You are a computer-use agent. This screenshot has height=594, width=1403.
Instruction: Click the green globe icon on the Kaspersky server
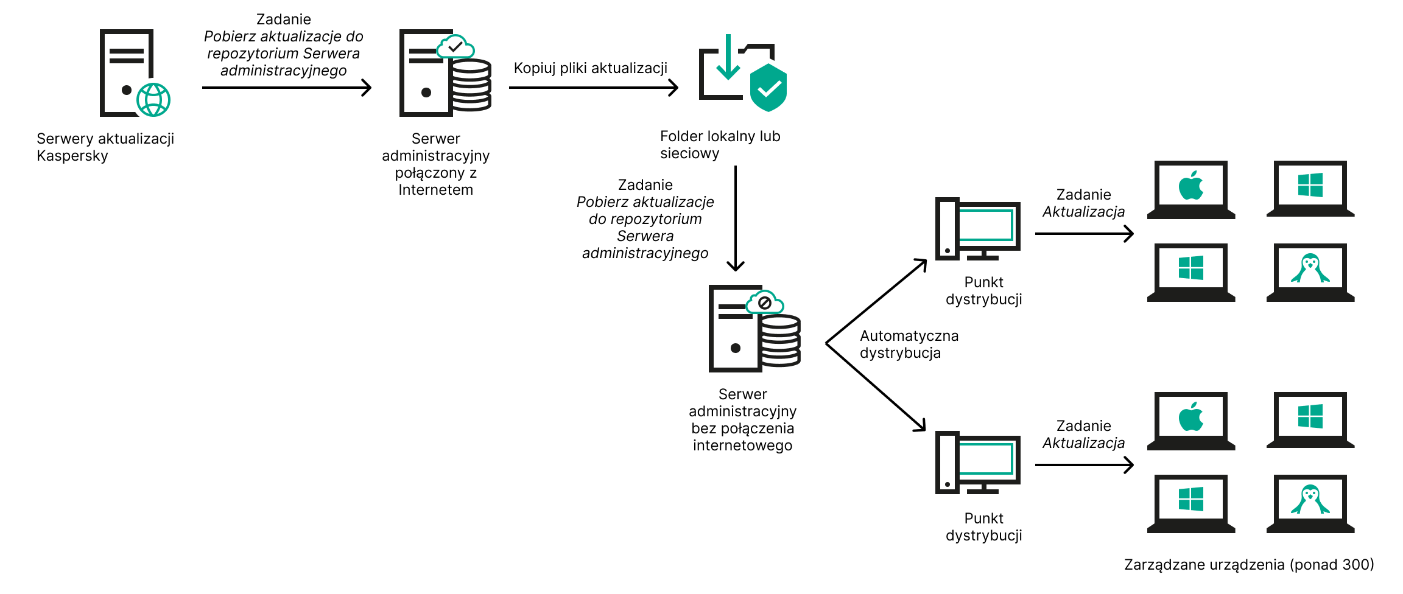click(x=153, y=100)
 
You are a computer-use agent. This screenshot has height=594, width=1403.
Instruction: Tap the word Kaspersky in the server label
click(x=72, y=156)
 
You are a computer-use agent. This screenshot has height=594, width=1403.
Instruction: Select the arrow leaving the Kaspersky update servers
click(x=286, y=88)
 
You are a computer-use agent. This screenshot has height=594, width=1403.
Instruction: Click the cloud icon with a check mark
click(x=455, y=46)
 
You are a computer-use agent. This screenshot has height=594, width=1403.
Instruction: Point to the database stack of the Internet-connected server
click(x=471, y=85)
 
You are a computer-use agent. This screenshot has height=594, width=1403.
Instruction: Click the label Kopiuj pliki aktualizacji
click(x=590, y=68)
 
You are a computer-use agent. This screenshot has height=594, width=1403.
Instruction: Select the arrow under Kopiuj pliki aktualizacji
click(x=593, y=88)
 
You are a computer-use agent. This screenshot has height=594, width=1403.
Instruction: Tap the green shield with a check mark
click(x=768, y=88)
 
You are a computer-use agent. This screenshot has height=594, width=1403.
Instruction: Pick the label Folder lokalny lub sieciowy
click(x=720, y=145)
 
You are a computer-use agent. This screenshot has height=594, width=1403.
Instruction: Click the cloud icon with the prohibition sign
click(x=765, y=302)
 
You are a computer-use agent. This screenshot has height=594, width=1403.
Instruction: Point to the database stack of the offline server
click(x=781, y=341)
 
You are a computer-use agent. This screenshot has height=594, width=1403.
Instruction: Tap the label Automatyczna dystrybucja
click(x=909, y=344)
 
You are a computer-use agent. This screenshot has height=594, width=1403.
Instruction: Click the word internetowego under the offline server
click(x=742, y=445)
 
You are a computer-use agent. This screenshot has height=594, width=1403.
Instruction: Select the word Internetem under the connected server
click(x=435, y=190)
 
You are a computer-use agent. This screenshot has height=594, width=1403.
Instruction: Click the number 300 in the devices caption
click(x=1354, y=565)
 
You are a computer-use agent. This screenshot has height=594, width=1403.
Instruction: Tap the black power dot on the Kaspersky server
click(x=127, y=90)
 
